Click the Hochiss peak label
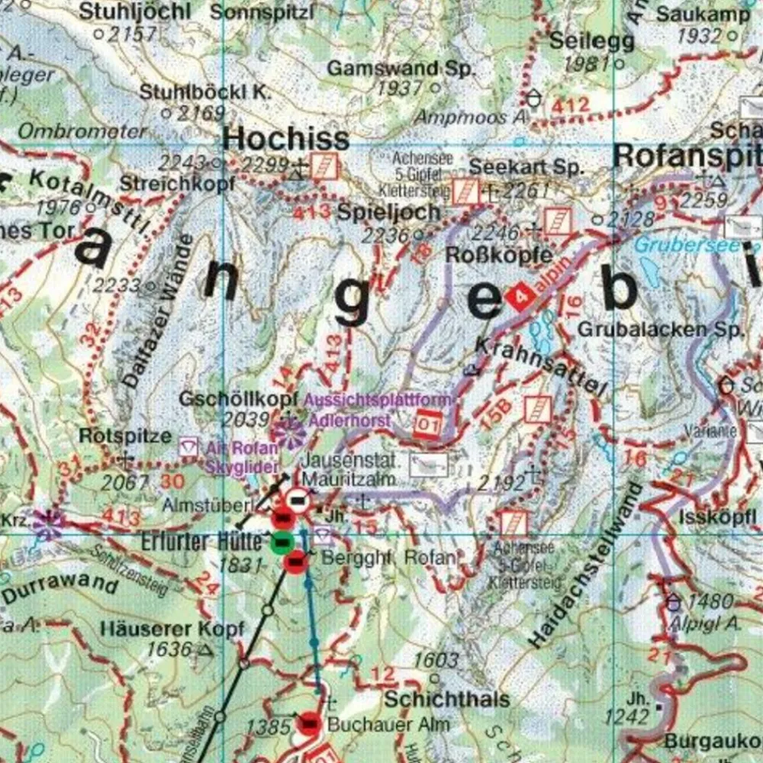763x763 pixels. point(285,139)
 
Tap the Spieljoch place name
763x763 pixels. point(389,211)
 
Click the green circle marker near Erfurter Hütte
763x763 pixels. point(281,542)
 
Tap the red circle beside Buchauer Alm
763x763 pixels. point(309,723)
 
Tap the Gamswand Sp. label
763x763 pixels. point(401,68)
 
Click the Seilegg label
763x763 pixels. point(591,40)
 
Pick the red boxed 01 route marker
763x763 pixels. point(428,423)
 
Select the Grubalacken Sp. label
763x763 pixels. point(660,330)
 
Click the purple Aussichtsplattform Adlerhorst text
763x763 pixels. point(378,410)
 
